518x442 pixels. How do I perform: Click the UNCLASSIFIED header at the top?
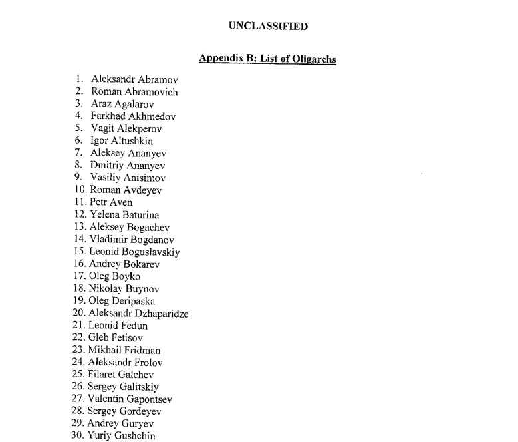coord(268,27)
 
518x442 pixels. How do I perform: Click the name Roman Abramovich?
coord(134,92)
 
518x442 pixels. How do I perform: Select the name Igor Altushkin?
coord(122,141)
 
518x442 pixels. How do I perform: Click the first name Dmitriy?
coord(108,166)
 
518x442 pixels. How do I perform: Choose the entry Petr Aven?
coord(111,202)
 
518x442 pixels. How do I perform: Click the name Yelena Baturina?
coord(124,215)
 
